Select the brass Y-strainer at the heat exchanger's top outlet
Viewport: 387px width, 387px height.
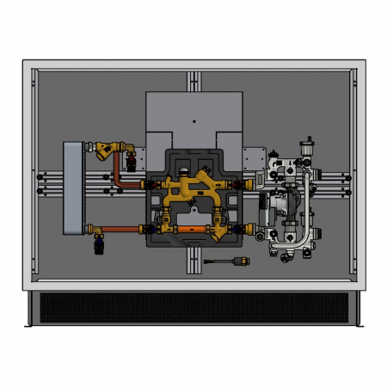[105, 152]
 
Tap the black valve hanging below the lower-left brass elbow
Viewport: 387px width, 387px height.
[99, 247]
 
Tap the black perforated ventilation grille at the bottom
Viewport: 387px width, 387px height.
[193, 307]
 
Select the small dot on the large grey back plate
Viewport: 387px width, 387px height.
[194, 113]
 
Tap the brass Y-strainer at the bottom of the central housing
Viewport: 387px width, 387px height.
[221, 232]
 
